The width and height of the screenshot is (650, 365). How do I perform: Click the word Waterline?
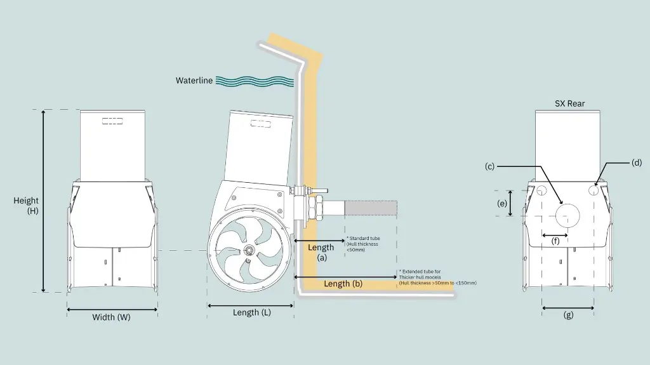point(194,81)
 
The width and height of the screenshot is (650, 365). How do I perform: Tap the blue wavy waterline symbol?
point(255,81)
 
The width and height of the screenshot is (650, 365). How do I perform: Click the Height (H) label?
point(26,206)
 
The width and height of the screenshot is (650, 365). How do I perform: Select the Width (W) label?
point(111,317)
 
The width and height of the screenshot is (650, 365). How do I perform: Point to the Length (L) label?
point(250,312)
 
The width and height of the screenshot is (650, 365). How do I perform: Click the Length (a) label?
point(321,252)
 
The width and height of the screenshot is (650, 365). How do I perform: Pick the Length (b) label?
point(343,284)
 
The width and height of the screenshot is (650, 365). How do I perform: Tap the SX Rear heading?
point(569,103)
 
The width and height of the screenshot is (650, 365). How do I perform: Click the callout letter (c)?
point(489,166)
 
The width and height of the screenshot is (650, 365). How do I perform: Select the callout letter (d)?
point(637,163)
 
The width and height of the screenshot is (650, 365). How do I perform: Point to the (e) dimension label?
point(502,203)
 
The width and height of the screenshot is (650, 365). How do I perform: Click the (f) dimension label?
point(555,241)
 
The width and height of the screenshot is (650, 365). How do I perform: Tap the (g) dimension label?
point(568,315)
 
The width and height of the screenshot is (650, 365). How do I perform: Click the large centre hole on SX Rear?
point(567,215)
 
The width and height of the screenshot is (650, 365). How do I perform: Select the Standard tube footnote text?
point(362,244)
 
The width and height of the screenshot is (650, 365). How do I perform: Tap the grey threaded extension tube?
point(371,207)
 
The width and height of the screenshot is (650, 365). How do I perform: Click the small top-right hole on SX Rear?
point(595,190)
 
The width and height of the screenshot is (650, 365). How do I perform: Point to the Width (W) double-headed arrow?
point(112,310)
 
